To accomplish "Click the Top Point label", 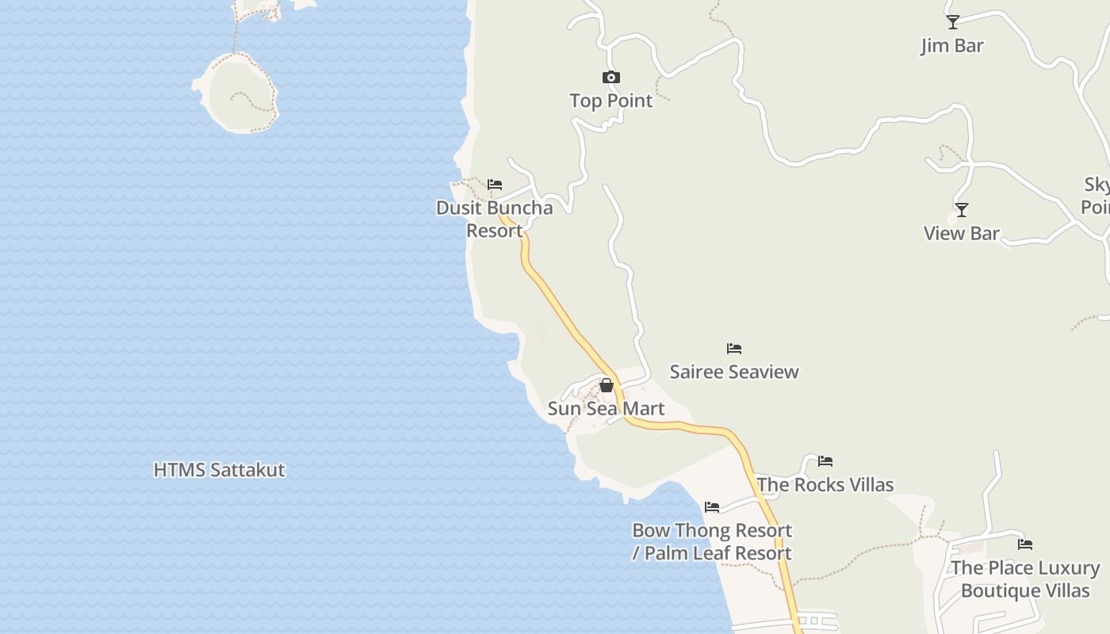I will point(610,101).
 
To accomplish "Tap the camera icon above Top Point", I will point(610,77).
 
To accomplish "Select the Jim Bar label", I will point(951,46).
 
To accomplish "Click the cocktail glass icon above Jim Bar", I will point(952,22).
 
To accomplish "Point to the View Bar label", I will point(961,233).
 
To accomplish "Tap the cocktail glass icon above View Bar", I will point(961,210).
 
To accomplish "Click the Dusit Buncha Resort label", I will point(494,219).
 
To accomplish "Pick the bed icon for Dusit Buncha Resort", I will point(495,185).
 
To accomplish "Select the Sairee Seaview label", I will point(734,372).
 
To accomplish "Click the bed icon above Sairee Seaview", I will point(734,349).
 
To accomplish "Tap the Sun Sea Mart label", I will point(606,409).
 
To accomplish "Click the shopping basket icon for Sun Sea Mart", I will point(607,386).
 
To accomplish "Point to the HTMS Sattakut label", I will point(219,470).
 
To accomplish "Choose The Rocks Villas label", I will point(825,485).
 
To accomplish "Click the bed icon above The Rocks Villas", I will point(825,461).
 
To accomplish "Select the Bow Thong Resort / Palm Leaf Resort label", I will point(712,541).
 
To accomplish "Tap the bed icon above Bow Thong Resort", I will point(712,507).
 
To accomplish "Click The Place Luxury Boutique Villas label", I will point(1025,579).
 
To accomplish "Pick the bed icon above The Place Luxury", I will point(1025,544).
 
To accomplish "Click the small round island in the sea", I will point(238,92).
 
